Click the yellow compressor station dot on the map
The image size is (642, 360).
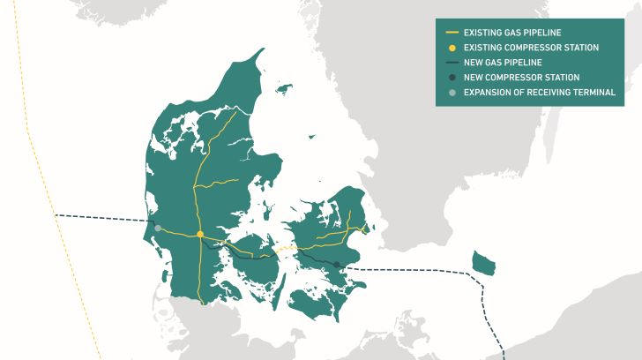[201, 234]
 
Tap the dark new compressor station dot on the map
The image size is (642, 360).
[337, 265]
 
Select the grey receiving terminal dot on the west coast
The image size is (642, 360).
[158, 229]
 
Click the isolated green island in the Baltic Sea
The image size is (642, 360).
[484, 262]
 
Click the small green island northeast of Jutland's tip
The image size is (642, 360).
[283, 88]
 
